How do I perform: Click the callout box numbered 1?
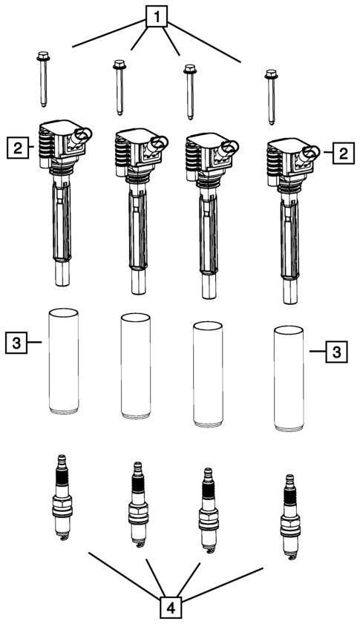click(157, 17)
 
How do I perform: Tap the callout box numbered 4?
click(171, 607)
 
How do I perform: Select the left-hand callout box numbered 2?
click(18, 148)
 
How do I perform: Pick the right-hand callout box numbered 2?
click(343, 152)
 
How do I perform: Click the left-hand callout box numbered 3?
click(16, 343)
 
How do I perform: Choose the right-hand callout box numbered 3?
click(337, 352)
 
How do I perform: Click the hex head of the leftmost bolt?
click(42, 56)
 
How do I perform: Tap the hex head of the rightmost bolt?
click(271, 74)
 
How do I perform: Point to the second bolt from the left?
click(120, 88)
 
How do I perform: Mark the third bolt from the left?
click(190, 92)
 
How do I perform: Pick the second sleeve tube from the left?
click(136, 366)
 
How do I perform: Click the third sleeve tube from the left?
click(208, 375)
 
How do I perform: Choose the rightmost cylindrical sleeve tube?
click(289, 378)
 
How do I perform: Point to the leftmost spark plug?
click(62, 498)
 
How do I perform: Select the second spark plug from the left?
click(138, 505)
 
